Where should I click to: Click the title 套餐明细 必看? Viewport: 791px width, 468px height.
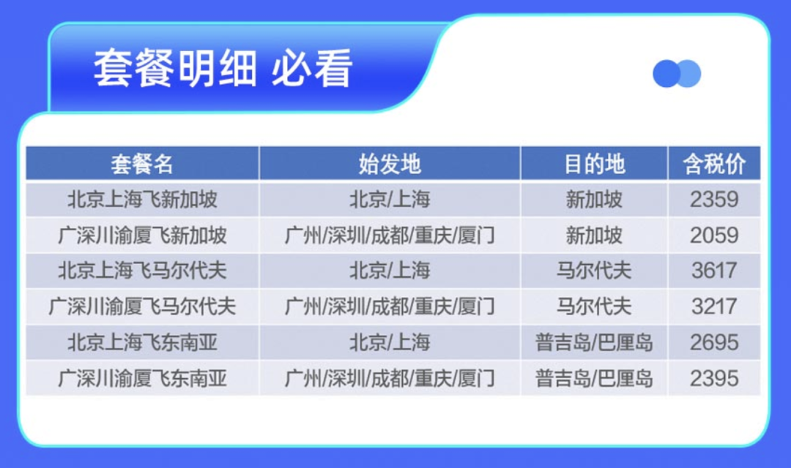(223, 68)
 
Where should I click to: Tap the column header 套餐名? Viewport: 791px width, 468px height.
(142, 165)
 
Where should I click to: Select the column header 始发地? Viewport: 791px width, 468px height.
(390, 165)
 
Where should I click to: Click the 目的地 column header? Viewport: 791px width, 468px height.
(594, 165)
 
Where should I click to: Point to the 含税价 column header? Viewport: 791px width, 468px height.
(714, 165)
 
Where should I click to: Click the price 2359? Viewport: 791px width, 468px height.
(714, 200)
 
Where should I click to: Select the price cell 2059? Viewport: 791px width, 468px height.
(714, 235)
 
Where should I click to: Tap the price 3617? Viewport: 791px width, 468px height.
(714, 271)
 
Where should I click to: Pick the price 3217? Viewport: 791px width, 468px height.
(714, 306)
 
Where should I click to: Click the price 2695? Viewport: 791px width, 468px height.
(714, 342)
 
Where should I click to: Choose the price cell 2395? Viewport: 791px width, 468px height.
(714, 378)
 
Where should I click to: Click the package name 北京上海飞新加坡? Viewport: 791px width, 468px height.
(142, 200)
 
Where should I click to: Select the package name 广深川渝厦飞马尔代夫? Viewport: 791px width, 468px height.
(142, 306)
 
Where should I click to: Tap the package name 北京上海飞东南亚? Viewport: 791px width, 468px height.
(142, 342)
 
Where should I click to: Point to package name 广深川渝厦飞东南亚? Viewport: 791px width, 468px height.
(142, 378)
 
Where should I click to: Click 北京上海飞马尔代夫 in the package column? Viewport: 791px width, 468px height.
(142, 271)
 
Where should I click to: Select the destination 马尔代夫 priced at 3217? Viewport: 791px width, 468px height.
(594, 306)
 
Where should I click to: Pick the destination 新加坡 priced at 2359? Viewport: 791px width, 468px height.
(594, 200)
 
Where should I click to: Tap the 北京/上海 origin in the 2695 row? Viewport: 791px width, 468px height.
(390, 342)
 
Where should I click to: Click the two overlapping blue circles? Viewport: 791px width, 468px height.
(677, 74)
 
